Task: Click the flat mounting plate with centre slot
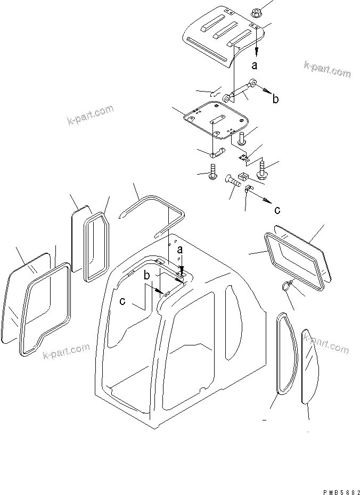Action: coord(216,120)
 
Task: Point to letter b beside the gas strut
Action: coord(275,99)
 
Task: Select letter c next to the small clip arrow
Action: coord(277,209)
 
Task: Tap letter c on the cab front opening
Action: coord(123,301)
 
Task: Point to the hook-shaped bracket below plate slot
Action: coord(217,154)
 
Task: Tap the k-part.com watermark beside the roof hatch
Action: coord(327,70)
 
